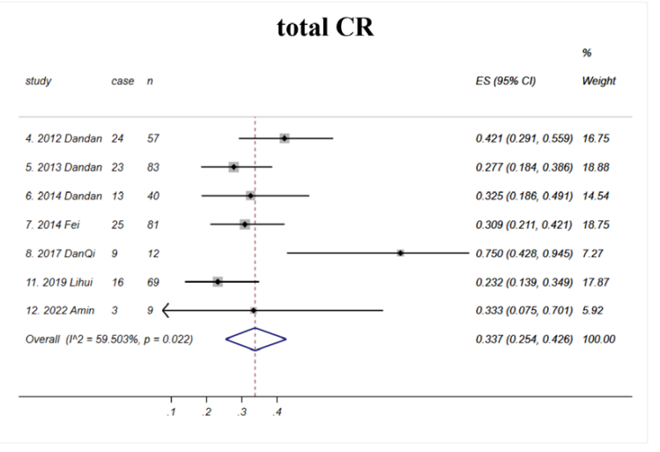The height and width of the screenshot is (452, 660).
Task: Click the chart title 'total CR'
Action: click(x=325, y=27)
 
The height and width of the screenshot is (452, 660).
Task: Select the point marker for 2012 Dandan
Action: click(x=285, y=138)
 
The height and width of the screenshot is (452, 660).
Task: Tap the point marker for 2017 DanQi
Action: click(x=400, y=253)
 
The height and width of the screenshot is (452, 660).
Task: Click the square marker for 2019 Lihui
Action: click(x=218, y=281)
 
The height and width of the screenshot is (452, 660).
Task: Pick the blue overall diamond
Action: click(x=256, y=339)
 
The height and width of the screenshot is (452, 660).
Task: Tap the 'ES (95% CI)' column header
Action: click(x=507, y=81)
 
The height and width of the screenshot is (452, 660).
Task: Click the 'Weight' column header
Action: click(x=599, y=81)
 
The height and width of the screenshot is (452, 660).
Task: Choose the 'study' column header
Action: click(x=39, y=81)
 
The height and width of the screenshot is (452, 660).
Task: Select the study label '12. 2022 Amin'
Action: click(x=59, y=310)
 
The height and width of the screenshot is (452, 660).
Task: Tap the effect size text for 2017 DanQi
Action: click(x=524, y=253)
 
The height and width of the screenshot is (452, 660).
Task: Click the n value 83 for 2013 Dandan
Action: click(x=154, y=167)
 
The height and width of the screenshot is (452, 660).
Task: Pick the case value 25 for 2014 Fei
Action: click(x=118, y=225)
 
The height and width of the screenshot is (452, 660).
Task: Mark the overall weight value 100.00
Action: click(x=599, y=339)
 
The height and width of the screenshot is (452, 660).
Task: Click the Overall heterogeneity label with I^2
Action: click(x=110, y=339)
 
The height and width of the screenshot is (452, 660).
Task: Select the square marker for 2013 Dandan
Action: click(x=234, y=167)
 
